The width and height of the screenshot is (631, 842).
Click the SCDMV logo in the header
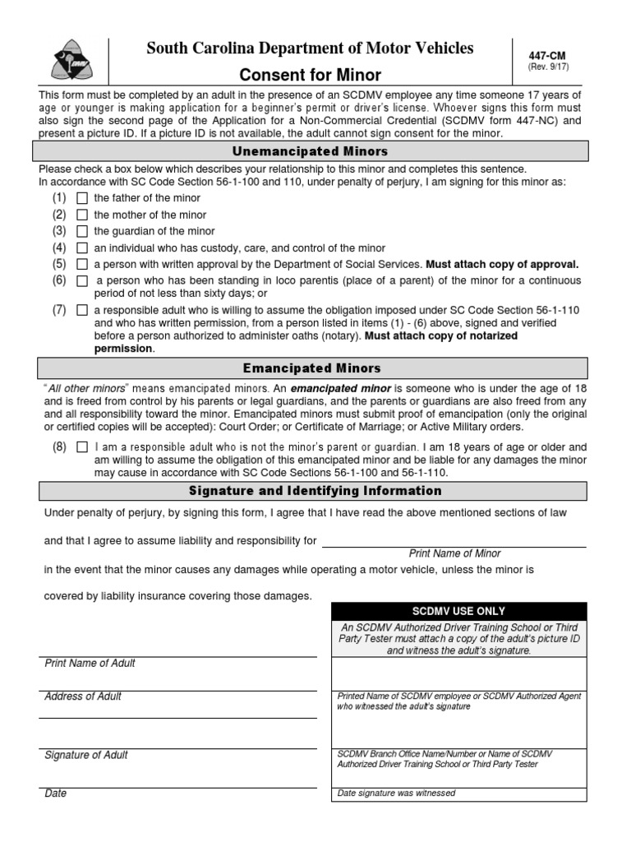click(x=71, y=59)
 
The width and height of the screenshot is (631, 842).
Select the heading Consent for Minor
click(x=310, y=75)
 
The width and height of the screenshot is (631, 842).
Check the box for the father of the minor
click(x=82, y=198)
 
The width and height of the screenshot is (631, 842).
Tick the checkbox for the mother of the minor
click(x=82, y=215)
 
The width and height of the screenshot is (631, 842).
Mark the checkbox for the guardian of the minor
click(x=82, y=231)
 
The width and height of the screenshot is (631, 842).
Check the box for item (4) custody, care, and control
click(x=82, y=248)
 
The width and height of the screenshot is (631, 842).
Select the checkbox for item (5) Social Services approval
click(x=82, y=264)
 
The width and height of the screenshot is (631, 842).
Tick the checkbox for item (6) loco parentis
click(x=82, y=281)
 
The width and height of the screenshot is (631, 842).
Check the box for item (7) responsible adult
click(x=82, y=310)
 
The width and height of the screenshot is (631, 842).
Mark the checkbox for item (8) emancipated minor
click(x=82, y=447)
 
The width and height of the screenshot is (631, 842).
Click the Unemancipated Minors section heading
click(x=310, y=152)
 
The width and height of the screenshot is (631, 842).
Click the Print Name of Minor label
click(x=454, y=553)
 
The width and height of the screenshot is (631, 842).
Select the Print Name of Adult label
click(x=90, y=664)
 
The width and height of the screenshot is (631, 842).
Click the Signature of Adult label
click(x=85, y=755)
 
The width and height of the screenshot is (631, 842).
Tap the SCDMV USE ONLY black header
click(x=458, y=611)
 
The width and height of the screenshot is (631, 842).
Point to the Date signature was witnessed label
click(x=396, y=793)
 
